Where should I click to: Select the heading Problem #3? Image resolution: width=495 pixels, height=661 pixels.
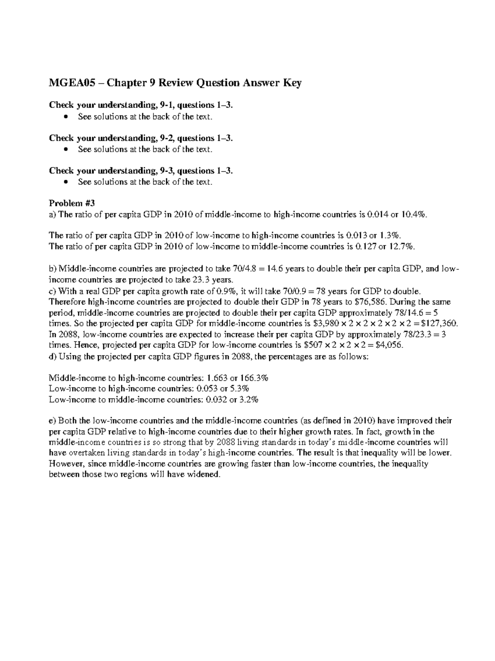pyautogui.click(x=72, y=203)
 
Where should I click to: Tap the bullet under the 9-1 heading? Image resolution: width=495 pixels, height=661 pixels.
pyautogui.click(x=66, y=117)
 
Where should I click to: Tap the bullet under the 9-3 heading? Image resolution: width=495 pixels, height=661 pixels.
pyautogui.click(x=66, y=182)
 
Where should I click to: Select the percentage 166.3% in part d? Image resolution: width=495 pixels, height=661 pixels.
pyautogui.click(x=254, y=378)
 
